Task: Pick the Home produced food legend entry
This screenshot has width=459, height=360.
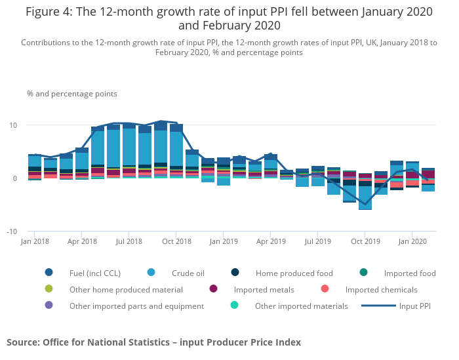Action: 294,273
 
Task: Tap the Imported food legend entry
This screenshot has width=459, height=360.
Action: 410,273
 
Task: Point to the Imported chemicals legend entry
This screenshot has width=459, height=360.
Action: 381,289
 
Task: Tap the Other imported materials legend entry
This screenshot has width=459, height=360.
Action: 302,306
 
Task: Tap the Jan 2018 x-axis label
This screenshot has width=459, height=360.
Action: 35,242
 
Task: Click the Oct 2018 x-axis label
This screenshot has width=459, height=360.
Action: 176,242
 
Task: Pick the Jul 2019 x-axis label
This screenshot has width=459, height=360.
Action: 317,242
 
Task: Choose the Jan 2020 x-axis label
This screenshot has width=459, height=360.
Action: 412,242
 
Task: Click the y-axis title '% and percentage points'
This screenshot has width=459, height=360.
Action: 72,94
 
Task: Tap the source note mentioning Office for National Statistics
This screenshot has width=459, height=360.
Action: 153,342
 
